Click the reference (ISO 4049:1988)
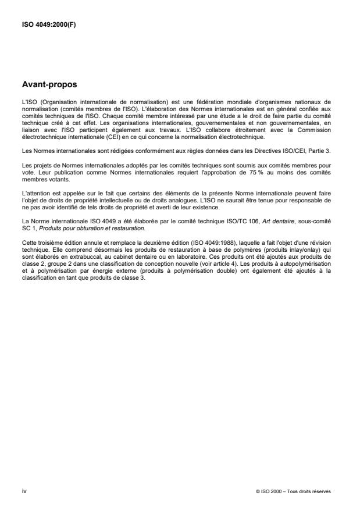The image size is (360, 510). (193, 238)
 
